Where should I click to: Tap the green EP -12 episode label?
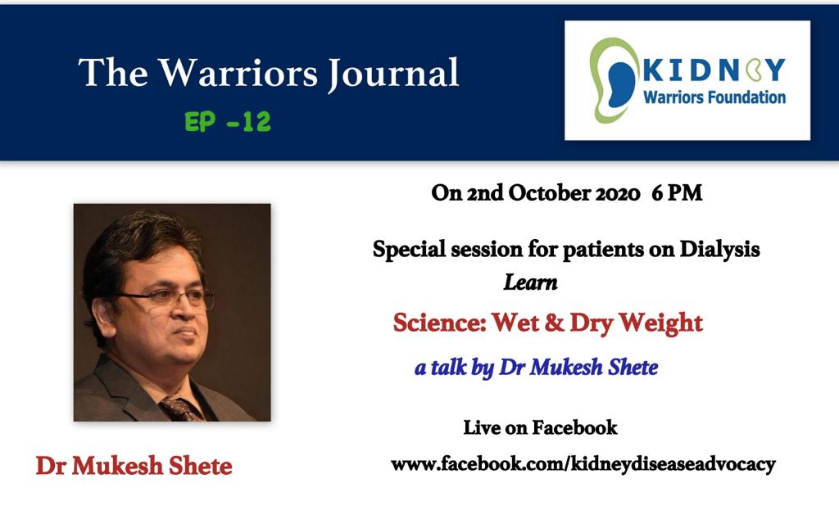coord(228,122)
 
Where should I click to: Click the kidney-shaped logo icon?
coord(614,80)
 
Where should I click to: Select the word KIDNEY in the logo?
coord(714,70)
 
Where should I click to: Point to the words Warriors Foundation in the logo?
coord(714,97)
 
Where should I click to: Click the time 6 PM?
coord(677,193)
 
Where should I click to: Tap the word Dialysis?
coord(719,249)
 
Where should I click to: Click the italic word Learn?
coord(530,282)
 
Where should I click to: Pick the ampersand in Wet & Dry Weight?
coord(554,323)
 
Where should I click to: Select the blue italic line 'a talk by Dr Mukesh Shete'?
coord(536,368)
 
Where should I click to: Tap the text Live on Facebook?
coord(540,427)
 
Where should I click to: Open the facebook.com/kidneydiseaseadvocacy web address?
coord(583,464)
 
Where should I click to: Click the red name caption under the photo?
coord(134,466)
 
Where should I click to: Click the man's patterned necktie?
coord(179,409)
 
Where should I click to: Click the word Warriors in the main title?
coord(238,73)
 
